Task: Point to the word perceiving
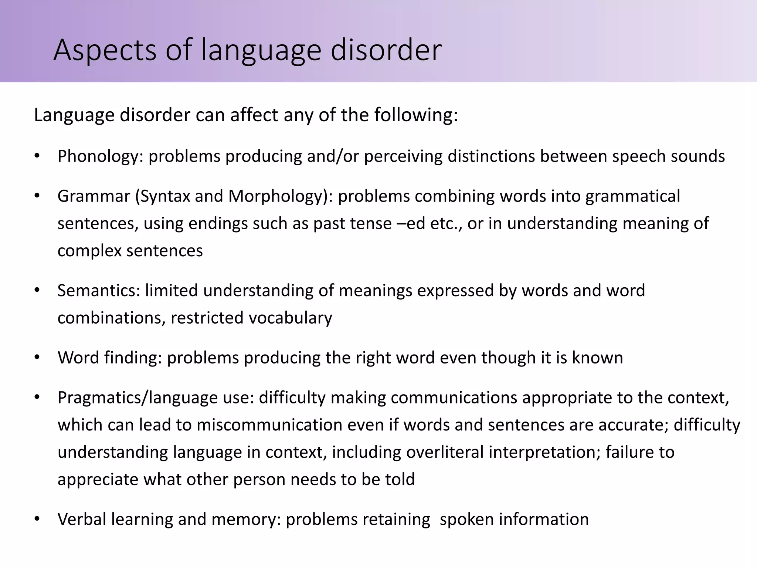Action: click(403, 156)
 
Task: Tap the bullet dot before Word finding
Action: click(37, 358)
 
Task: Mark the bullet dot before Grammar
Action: click(37, 196)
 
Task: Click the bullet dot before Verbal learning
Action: click(37, 519)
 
